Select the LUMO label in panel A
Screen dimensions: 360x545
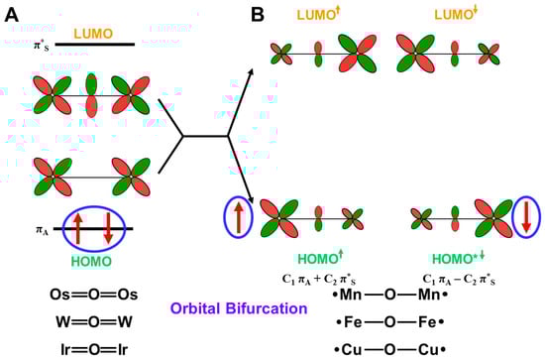(x=95, y=32)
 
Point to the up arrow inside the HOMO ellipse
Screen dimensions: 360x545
(x=77, y=230)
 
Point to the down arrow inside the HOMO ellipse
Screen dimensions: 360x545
(x=108, y=230)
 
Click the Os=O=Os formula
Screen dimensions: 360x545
(x=94, y=295)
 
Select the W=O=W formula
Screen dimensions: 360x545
(x=94, y=320)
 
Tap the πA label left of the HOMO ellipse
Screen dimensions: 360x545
(x=39, y=231)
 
